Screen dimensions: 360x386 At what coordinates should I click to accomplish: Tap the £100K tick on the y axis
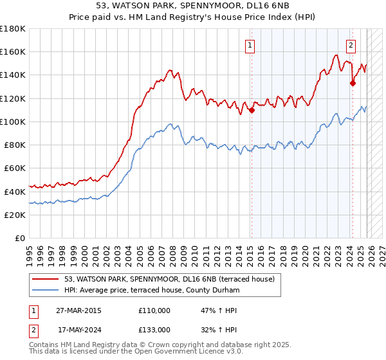point(13,122)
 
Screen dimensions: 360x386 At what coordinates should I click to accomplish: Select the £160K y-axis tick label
point(13,51)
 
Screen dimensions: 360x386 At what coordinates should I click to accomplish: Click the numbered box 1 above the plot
point(250,45)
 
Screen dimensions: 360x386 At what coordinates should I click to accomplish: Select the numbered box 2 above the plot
point(351,45)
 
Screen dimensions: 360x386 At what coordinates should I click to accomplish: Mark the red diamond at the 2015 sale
point(252,110)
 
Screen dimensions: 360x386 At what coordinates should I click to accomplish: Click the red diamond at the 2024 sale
point(353,83)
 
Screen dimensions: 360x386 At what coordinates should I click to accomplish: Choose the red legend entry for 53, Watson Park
point(169,278)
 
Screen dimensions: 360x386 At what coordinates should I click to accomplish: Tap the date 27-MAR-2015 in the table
point(78,310)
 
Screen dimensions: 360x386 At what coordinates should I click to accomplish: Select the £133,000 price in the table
point(154,329)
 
